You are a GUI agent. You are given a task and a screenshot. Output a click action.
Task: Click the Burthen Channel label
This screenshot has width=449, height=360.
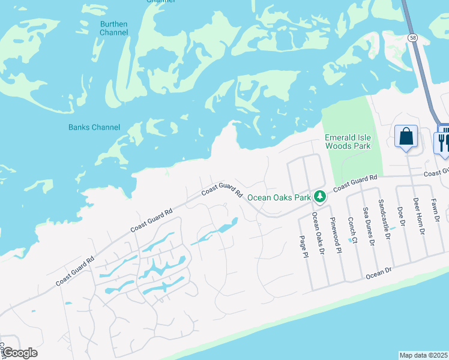[113, 28]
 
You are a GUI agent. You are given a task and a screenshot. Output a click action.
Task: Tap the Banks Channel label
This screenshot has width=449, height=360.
[94, 127]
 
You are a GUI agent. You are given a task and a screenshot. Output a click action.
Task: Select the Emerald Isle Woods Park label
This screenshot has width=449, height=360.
[348, 142]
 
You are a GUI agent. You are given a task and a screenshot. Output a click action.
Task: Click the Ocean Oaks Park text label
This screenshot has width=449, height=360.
[279, 197]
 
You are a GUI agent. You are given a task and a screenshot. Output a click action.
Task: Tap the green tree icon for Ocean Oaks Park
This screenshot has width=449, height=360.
[321, 196]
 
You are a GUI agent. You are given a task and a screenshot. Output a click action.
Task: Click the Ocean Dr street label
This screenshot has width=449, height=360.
[378, 274]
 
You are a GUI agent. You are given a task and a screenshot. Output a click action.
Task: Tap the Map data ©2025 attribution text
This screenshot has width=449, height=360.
[423, 355]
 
